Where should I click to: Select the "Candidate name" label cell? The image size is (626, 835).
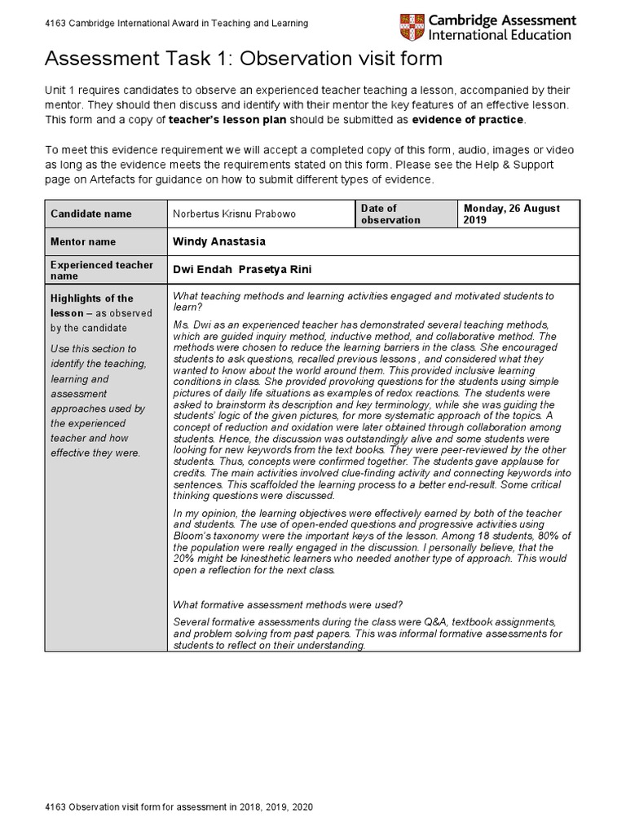tap(90, 214)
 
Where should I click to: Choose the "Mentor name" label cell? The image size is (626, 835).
tap(83, 241)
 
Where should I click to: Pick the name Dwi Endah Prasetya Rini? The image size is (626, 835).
tap(242, 270)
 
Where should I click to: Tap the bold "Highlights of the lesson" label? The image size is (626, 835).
tap(91, 305)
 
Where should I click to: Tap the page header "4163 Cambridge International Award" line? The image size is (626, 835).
tap(177, 24)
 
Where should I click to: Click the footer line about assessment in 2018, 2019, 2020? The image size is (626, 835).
tap(179, 806)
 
